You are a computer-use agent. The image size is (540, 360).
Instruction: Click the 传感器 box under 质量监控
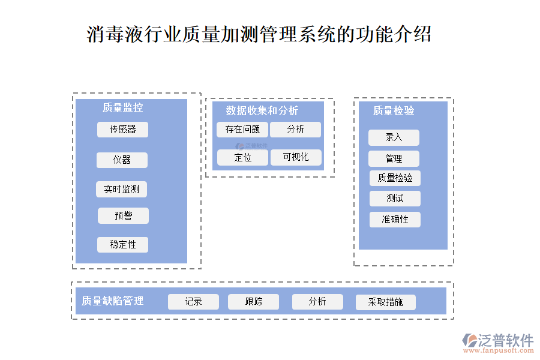pyautogui.click(x=122, y=130)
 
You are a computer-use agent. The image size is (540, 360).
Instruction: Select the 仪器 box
pyautogui.click(x=122, y=160)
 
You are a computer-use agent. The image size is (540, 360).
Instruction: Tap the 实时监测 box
pyautogui.click(x=121, y=190)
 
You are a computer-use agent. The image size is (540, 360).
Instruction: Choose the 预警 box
pyautogui.click(x=123, y=216)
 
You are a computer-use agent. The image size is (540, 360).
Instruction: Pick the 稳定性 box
pyautogui.click(x=122, y=245)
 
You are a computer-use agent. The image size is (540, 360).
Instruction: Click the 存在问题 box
pyautogui.click(x=242, y=130)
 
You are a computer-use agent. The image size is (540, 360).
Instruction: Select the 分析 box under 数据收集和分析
pyautogui.click(x=295, y=130)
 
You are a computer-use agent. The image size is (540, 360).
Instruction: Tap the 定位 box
pyautogui.click(x=242, y=158)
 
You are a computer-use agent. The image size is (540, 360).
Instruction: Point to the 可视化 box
pyautogui.click(x=295, y=157)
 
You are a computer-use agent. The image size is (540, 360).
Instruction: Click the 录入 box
pyautogui.click(x=394, y=137)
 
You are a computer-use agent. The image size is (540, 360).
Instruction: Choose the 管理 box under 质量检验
pyautogui.click(x=394, y=158)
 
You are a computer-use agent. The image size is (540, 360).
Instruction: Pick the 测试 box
pyautogui.click(x=395, y=199)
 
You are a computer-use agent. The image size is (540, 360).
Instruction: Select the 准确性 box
pyautogui.click(x=395, y=220)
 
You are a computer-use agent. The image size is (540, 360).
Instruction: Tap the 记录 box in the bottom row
pyautogui.click(x=193, y=302)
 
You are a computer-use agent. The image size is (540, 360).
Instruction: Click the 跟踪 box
pyautogui.click(x=253, y=302)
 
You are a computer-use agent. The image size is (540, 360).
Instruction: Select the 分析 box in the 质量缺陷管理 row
pyautogui.click(x=317, y=302)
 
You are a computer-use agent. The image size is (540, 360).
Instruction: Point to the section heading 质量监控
pyautogui.click(x=122, y=108)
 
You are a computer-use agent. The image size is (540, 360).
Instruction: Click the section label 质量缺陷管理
pyautogui.click(x=112, y=301)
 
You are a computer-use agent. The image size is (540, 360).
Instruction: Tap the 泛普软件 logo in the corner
pyautogui.click(x=497, y=342)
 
